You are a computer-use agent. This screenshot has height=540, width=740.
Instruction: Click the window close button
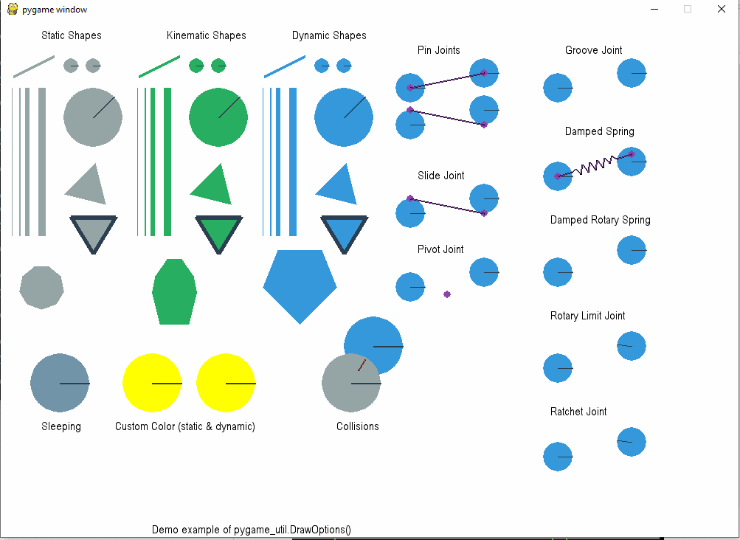click(x=721, y=9)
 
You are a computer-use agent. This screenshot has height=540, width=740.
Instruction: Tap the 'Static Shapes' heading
click(x=72, y=35)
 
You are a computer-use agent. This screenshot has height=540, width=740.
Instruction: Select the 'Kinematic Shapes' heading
click(x=207, y=35)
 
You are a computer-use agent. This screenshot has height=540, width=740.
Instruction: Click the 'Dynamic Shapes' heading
click(x=329, y=35)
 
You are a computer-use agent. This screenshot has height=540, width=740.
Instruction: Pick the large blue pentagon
click(x=300, y=283)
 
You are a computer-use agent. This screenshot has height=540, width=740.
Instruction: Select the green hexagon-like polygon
click(x=174, y=292)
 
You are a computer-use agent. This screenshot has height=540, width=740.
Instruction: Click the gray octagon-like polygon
click(x=41, y=288)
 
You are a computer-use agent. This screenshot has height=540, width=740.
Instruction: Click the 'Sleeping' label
click(x=61, y=426)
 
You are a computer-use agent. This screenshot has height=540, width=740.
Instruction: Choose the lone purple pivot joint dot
click(x=447, y=294)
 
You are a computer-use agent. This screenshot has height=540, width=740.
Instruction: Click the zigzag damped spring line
click(x=595, y=165)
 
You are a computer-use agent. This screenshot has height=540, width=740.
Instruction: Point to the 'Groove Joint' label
click(x=594, y=50)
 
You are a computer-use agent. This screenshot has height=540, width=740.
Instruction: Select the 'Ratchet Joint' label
click(x=578, y=412)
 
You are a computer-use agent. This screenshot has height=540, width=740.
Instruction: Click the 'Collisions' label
click(x=358, y=426)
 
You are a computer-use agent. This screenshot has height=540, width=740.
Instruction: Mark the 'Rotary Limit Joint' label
click(x=588, y=316)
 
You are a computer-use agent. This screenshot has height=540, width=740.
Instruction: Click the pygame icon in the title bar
click(x=13, y=9)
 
